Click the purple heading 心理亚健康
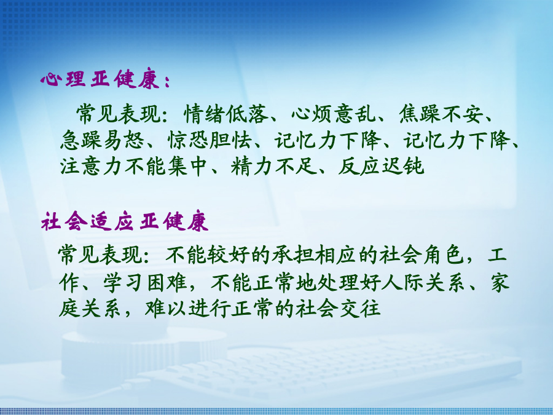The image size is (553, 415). tap(100, 78)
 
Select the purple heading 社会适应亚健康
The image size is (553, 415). tap(125, 221)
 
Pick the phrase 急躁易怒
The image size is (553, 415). tap(102, 140)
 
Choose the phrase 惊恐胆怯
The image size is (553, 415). tap(210, 140)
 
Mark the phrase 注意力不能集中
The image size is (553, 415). tap(133, 166)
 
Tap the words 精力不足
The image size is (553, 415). tap(273, 166)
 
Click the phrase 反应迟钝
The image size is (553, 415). tap(381, 166)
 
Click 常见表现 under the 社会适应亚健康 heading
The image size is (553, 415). tap(101, 255)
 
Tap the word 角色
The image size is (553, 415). tap(444, 255)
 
